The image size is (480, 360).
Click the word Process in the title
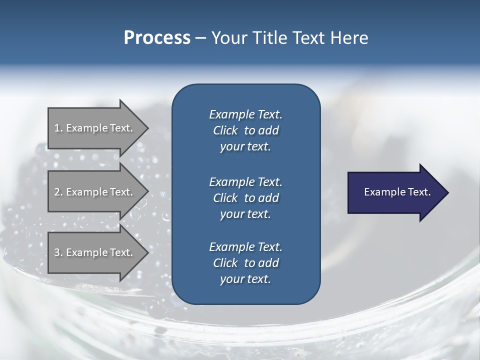pyautogui.click(x=157, y=37)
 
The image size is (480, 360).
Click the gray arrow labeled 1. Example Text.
pyautogui.click(x=98, y=128)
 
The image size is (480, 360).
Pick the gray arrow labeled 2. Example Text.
pyautogui.click(x=98, y=191)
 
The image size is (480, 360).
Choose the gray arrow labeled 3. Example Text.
pyautogui.click(x=98, y=252)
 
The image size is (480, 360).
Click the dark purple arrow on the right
pyautogui.click(x=398, y=192)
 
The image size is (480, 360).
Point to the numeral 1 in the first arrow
pyautogui.click(x=57, y=128)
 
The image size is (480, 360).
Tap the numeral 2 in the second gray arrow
pyautogui.click(x=57, y=192)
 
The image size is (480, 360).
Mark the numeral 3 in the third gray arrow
pyautogui.click(x=57, y=252)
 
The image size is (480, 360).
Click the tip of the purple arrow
pyautogui.click(x=449, y=192)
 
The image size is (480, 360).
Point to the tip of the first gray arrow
pyautogui.click(x=149, y=128)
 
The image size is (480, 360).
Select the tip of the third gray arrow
pyautogui.click(x=149, y=252)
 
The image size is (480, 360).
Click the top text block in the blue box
pyautogui.click(x=246, y=130)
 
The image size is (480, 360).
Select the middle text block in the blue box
pyautogui.click(x=246, y=198)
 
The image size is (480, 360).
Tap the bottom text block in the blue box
pyautogui.click(x=246, y=262)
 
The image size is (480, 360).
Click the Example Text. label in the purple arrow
pyautogui.click(x=397, y=192)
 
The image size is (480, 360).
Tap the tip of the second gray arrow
pyautogui.click(x=149, y=191)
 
